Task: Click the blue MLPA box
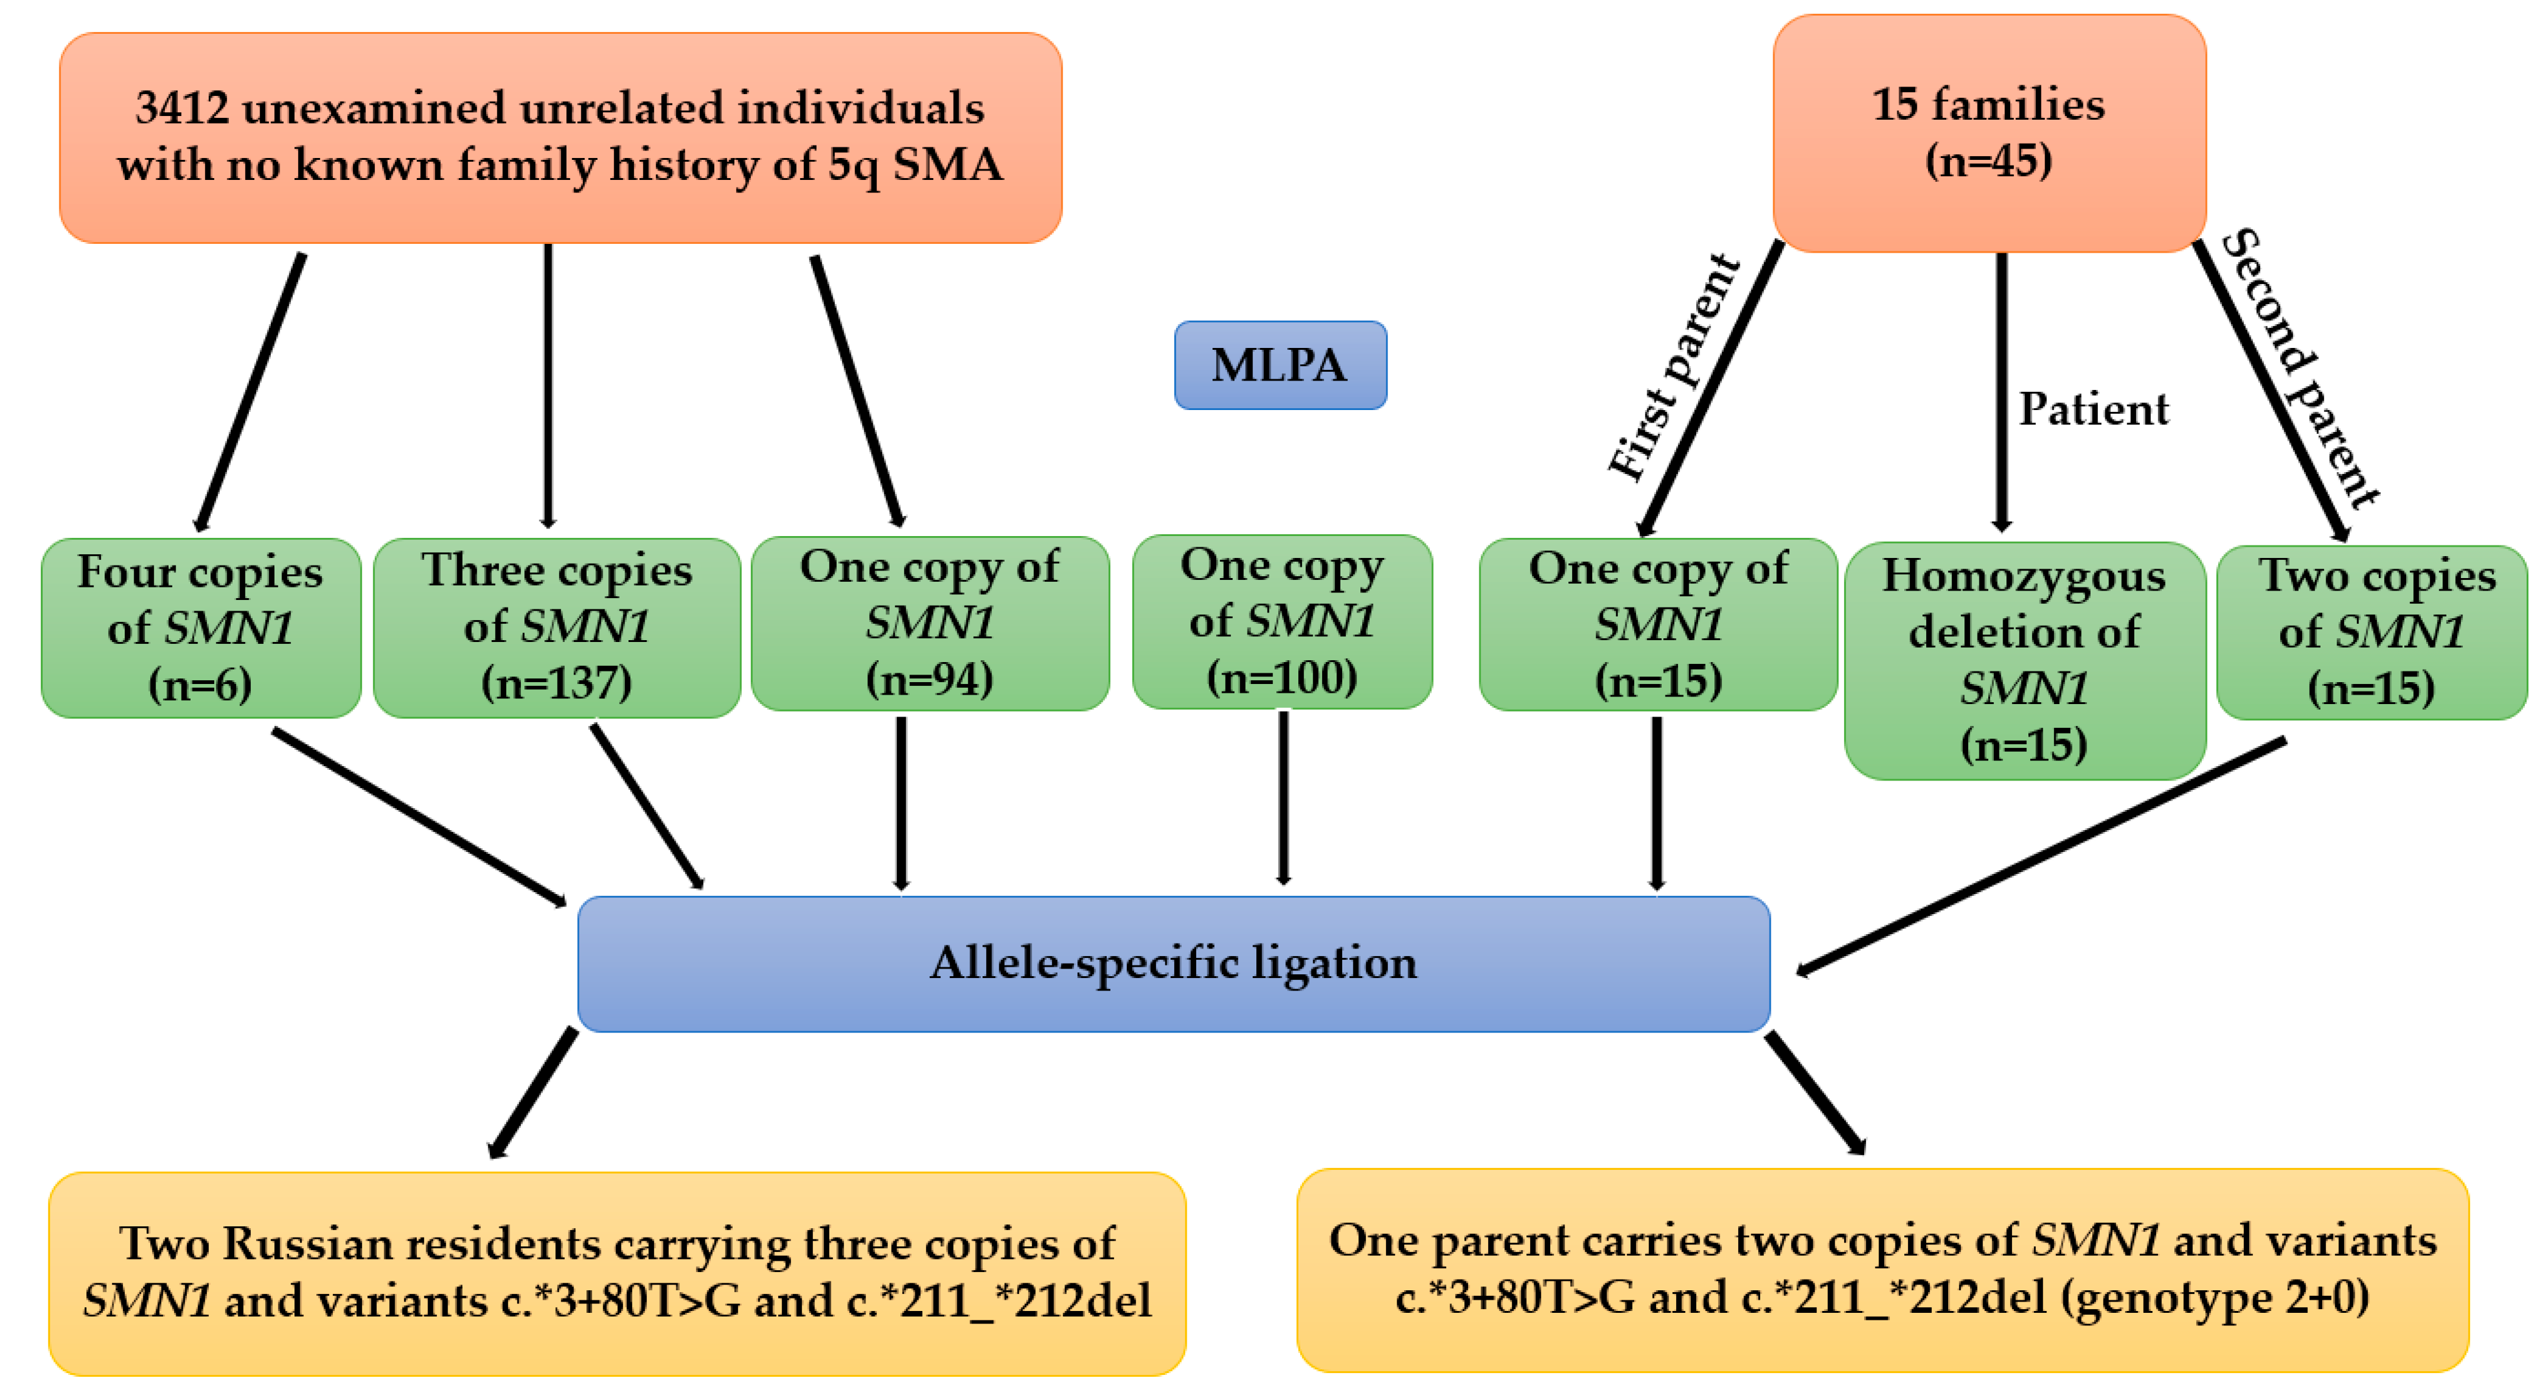click(1280, 365)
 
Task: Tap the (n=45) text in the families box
click(1988, 160)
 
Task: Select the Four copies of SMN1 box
click(201, 628)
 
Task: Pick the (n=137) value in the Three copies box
click(556, 683)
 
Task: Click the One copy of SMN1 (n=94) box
click(929, 624)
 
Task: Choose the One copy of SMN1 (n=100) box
click(1281, 621)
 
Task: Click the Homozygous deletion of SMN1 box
click(2024, 659)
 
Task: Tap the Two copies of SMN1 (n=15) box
click(2371, 631)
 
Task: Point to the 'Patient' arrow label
click(2093, 408)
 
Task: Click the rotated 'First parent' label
click(1674, 367)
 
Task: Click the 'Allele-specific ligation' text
click(1173, 962)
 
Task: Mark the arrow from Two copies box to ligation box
click(2042, 855)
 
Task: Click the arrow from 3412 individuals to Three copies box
click(548, 385)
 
